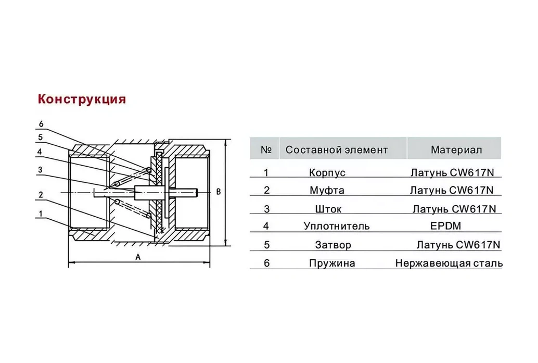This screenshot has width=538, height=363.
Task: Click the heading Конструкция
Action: (81, 99)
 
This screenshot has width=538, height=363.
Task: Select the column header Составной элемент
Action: (337, 150)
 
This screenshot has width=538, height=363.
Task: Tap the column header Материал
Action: (456, 150)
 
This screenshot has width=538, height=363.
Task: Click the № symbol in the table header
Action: (266, 150)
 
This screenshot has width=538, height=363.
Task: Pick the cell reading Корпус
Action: (327, 173)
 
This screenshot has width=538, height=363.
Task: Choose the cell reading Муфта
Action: (327, 191)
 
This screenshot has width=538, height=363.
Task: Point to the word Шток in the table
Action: (328, 209)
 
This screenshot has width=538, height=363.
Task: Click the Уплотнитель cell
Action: (336, 226)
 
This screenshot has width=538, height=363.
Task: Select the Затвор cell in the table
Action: (332, 245)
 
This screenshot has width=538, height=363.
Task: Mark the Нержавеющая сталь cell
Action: (449, 263)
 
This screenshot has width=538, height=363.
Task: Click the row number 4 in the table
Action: (266, 226)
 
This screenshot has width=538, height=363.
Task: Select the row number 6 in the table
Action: (266, 263)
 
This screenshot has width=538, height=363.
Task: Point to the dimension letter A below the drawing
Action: (137, 257)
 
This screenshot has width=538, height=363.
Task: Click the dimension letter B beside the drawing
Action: (219, 192)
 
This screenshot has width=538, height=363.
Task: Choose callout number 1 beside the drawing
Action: (41, 213)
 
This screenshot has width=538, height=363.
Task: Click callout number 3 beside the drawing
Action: (40, 170)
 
